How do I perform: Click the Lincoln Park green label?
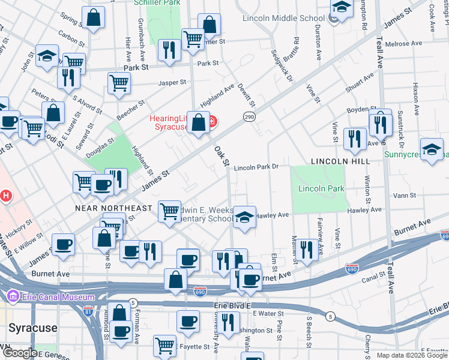(321, 188)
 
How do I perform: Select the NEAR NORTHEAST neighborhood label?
(113, 208)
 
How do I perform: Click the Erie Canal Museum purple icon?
(13, 296)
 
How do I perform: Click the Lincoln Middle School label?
(283, 18)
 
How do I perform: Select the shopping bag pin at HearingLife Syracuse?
(198, 124)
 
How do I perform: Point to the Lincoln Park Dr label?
(257, 168)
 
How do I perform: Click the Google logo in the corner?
(20, 353)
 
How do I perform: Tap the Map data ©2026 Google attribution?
(412, 355)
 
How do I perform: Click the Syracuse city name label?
(32, 328)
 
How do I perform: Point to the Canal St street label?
(373, 278)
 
